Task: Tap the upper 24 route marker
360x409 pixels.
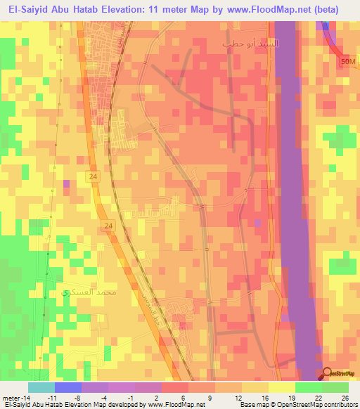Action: [94, 177]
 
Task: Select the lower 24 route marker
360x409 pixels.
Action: [108, 226]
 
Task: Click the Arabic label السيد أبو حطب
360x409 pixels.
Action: [250, 44]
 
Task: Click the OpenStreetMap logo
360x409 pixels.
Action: [340, 375]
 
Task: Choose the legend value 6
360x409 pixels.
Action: [183, 397]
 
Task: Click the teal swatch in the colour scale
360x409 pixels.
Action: [41, 387]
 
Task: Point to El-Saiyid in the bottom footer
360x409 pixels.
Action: [17, 405]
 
